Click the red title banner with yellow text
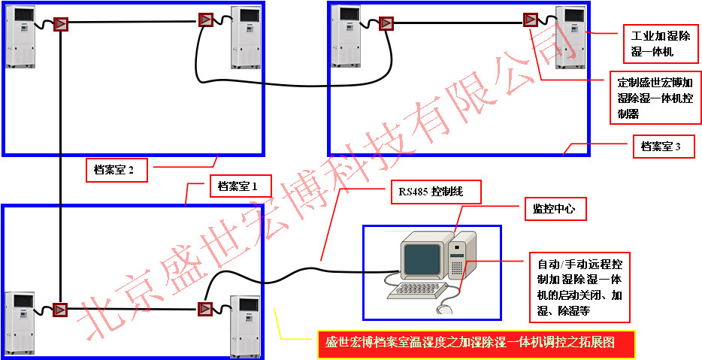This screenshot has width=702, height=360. (x=475, y=343)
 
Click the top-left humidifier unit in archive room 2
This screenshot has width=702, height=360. (x=20, y=36)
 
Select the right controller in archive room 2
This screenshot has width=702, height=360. (x=206, y=20)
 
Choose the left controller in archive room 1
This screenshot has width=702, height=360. (x=60, y=309)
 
